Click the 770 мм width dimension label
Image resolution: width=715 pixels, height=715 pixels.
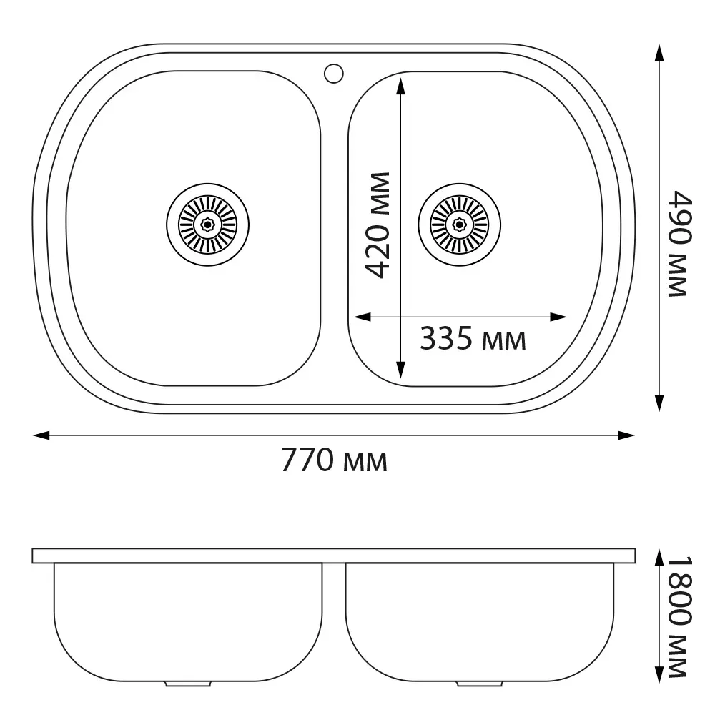[334, 460]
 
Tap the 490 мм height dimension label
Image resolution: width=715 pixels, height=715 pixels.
[680, 244]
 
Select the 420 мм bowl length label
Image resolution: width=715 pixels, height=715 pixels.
[378, 225]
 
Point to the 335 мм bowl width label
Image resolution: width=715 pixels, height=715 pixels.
[473, 338]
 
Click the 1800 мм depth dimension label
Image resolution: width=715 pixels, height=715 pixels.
[680, 616]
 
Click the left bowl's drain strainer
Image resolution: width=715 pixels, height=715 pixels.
[207, 225]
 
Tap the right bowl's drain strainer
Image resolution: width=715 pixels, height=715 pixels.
[459, 225]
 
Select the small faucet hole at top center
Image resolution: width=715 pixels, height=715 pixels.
[333, 74]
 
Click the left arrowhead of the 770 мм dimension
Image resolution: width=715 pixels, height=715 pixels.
[41, 435]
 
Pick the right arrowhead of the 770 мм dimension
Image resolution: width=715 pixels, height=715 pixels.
[626, 435]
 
